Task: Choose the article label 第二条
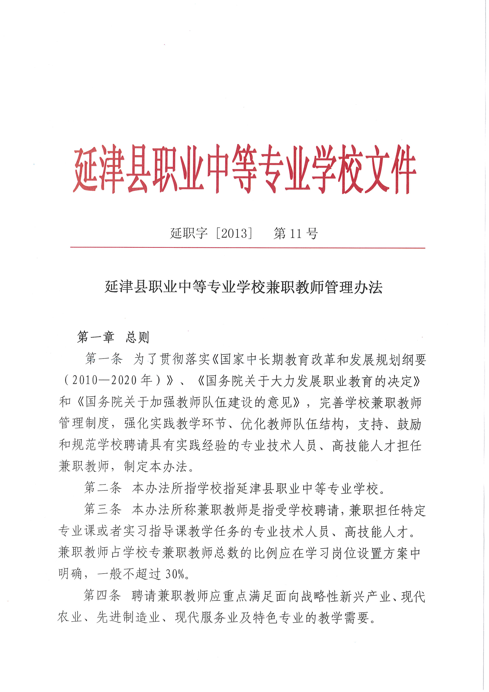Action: click(x=103, y=488)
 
